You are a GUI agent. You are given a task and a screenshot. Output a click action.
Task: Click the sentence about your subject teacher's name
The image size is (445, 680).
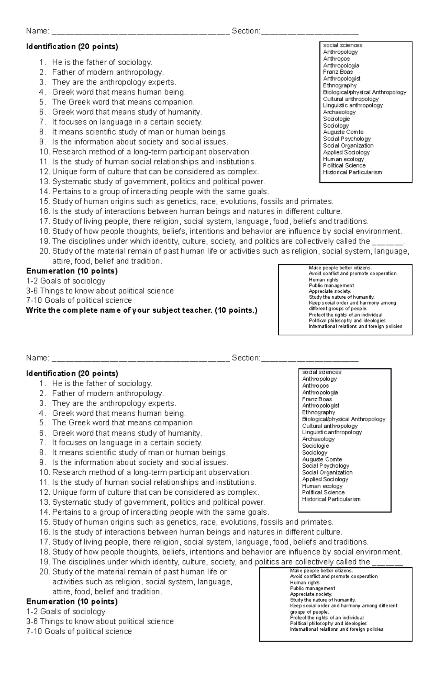(x=141, y=310)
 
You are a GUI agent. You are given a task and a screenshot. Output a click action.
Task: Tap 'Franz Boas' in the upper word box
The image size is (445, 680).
(x=338, y=72)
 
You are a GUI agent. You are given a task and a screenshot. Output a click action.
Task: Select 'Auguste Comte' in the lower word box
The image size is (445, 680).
(x=322, y=459)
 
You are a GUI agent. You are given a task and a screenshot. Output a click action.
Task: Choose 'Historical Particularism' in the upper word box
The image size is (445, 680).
(x=352, y=172)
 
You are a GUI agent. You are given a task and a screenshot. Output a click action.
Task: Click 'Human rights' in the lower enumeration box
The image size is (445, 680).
(x=304, y=583)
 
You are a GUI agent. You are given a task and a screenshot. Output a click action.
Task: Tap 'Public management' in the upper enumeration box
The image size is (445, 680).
(x=331, y=285)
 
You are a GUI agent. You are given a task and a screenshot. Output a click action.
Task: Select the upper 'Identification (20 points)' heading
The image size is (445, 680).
(x=72, y=47)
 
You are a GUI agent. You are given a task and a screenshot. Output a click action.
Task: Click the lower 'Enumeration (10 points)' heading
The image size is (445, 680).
(x=72, y=601)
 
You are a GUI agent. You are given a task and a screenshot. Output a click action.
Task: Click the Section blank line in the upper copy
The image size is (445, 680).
(x=310, y=32)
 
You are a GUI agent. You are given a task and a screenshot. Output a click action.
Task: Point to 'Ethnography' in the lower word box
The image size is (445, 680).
(x=319, y=412)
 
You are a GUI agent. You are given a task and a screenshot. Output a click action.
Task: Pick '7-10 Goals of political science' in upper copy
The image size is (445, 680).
(x=79, y=300)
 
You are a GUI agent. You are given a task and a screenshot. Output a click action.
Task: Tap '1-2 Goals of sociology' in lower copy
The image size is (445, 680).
(x=66, y=611)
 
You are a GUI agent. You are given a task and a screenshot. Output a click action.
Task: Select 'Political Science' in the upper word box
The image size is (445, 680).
(x=344, y=166)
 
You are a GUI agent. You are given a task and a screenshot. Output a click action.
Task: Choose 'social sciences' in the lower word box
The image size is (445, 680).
(x=322, y=372)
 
